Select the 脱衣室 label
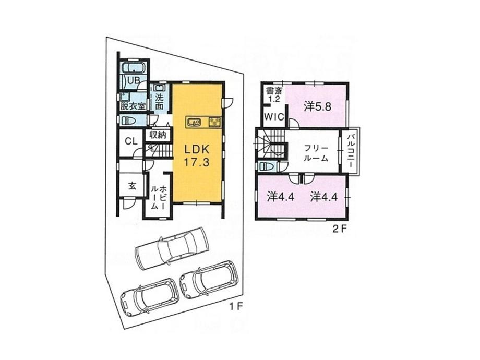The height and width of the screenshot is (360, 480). (133, 105)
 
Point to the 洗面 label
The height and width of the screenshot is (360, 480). (160, 101)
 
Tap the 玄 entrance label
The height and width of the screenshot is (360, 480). (133, 186)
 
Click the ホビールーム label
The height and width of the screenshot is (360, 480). (158, 196)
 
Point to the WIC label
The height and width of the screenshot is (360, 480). (273, 117)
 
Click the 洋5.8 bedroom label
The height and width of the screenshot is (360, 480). (318, 107)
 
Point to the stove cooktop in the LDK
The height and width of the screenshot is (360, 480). (215, 123)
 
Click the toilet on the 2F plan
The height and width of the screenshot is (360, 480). (268, 166)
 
